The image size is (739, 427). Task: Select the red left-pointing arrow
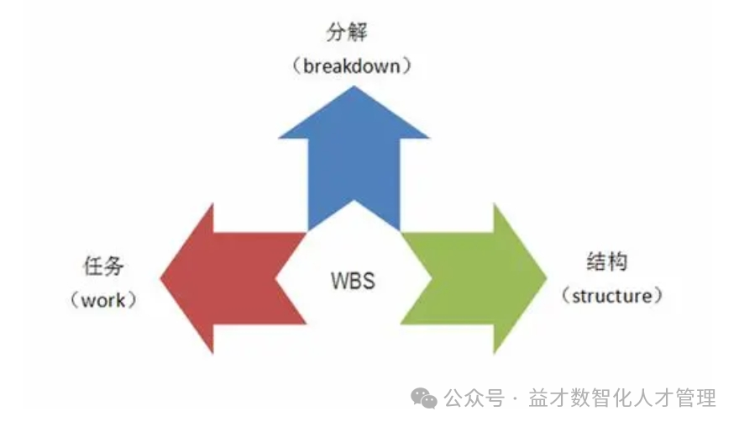tap(227, 277)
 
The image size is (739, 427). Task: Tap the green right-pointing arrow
tap(479, 277)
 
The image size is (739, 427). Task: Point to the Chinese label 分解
tap(348, 34)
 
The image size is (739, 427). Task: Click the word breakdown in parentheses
tap(353, 66)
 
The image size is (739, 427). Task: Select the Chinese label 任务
tap(104, 266)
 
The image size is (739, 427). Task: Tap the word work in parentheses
tap(103, 299)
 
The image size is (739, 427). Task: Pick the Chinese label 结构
tap(605, 261)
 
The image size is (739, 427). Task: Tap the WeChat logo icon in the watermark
tap(423, 398)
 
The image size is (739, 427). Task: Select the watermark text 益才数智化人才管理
tap(622, 398)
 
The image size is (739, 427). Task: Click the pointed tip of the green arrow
tap(546, 277)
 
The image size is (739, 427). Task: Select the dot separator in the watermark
tap(514, 398)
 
